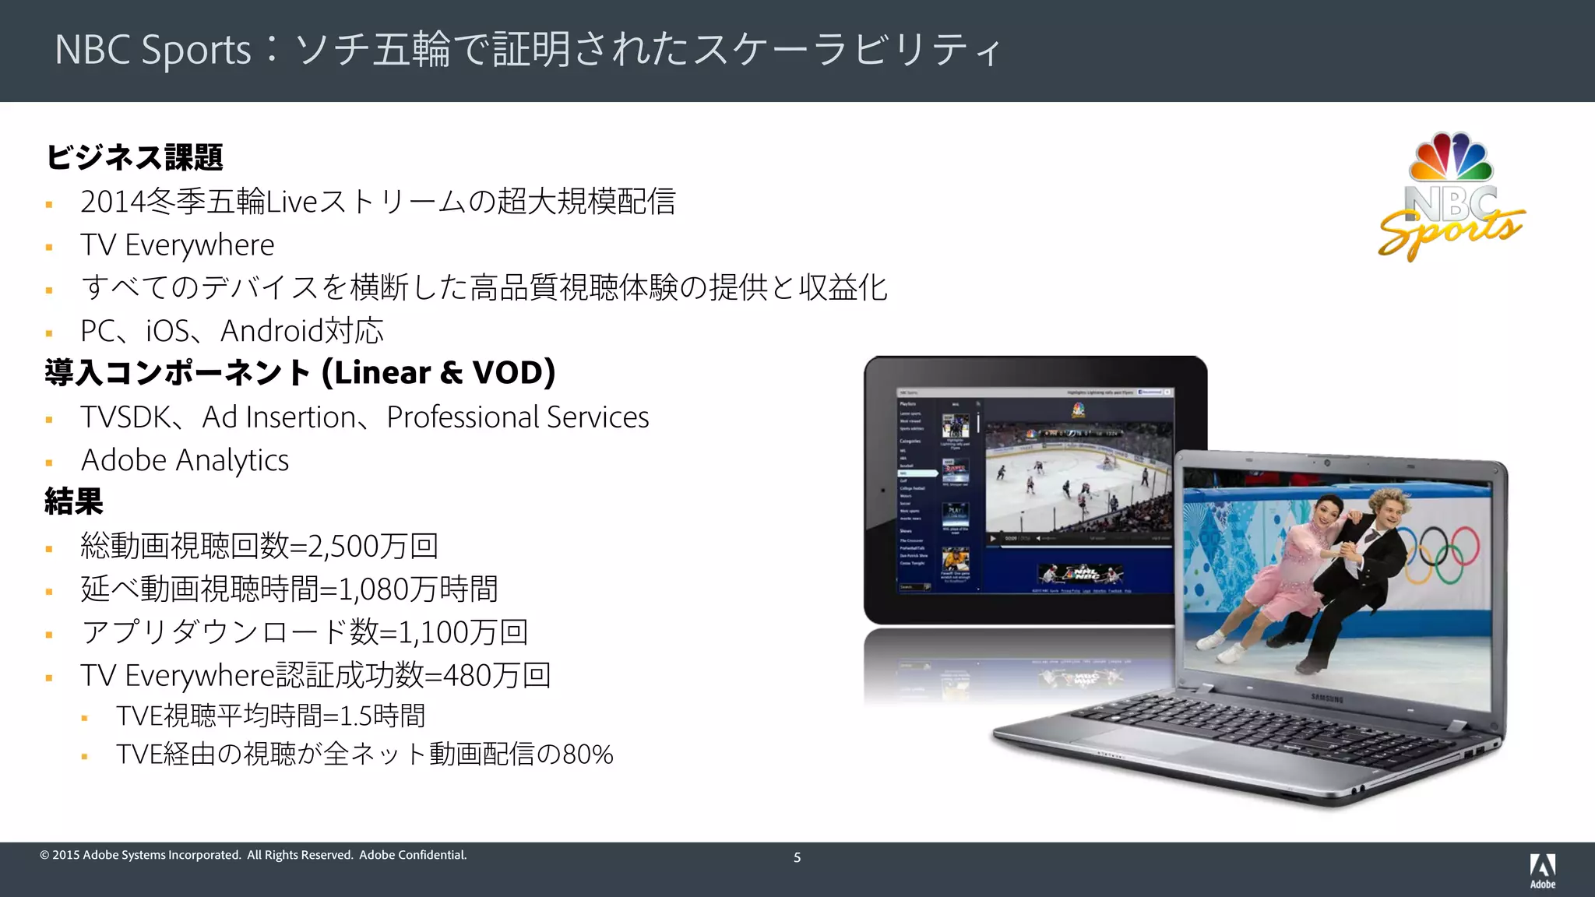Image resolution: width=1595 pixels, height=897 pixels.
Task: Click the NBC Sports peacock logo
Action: click(x=1451, y=196)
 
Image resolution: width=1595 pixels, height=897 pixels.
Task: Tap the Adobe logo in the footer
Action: click(x=1542, y=870)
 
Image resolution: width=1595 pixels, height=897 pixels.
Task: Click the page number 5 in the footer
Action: click(x=797, y=857)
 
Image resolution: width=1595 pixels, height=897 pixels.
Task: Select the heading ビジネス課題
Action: click(x=134, y=157)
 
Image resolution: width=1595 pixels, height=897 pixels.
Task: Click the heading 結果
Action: click(x=74, y=501)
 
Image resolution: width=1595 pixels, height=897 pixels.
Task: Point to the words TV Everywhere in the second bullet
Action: click(x=177, y=245)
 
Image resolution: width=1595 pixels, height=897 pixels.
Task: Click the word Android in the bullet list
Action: click(x=271, y=331)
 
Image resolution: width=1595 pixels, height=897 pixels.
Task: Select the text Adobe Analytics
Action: click(x=185, y=460)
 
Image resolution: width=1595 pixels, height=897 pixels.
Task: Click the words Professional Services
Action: click(x=517, y=417)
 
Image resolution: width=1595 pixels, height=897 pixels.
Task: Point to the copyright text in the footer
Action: click(x=253, y=855)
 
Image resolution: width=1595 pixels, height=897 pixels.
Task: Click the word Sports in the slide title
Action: click(x=196, y=50)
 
